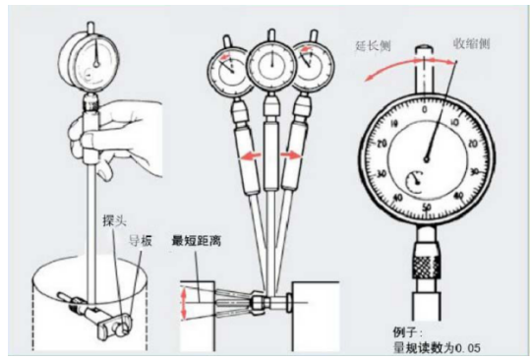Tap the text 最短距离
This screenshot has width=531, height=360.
click(x=197, y=238)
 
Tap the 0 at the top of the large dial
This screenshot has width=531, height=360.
click(x=425, y=107)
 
